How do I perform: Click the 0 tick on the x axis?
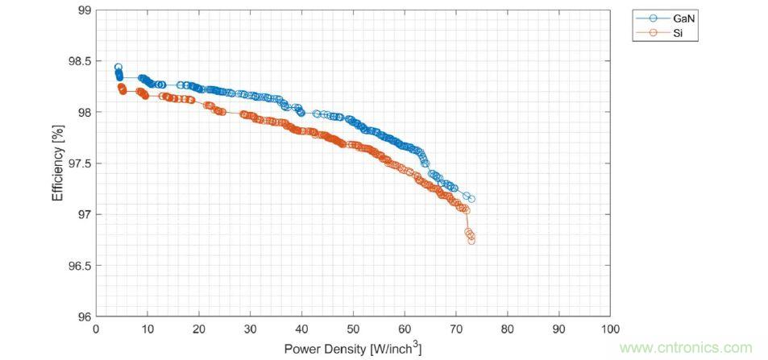click(x=96, y=329)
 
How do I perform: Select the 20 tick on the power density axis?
click(x=199, y=329)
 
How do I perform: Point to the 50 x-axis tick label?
click(x=353, y=329)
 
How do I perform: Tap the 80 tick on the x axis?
click(x=507, y=329)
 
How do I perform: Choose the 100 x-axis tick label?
click(x=610, y=329)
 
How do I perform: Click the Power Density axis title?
click(x=352, y=348)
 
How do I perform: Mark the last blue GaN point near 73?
click(x=471, y=199)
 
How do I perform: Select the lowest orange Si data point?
click(x=471, y=240)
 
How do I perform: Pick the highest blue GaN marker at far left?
click(x=118, y=68)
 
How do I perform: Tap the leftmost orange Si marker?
click(x=121, y=86)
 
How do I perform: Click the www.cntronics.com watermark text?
click(x=686, y=348)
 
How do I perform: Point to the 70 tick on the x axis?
click(x=456, y=329)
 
